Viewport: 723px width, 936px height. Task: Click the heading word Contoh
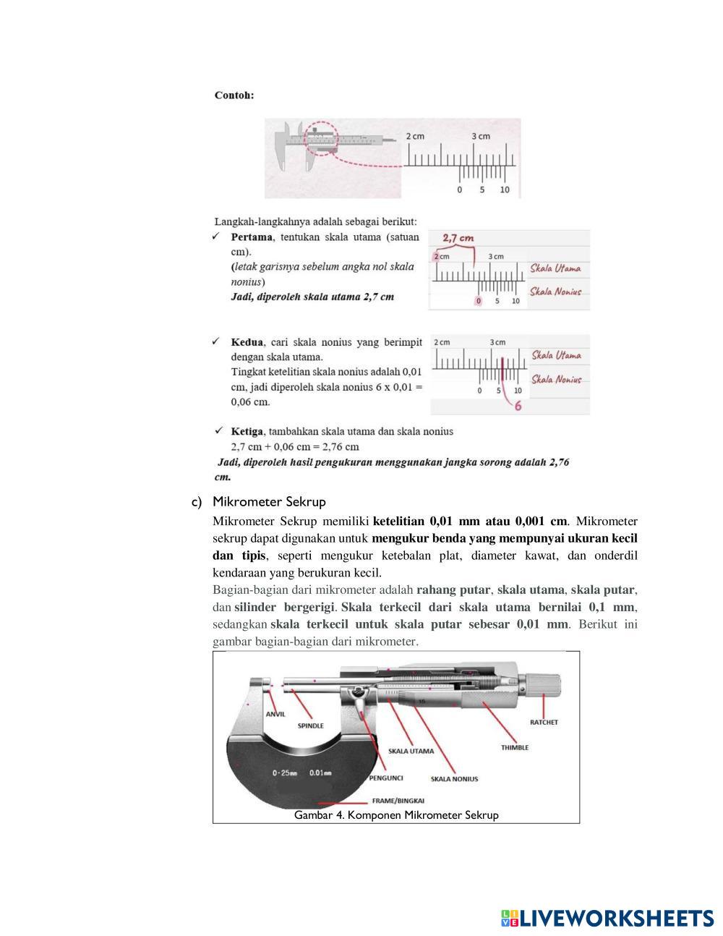[x=234, y=95]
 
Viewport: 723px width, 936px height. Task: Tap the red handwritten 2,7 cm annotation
[x=458, y=238]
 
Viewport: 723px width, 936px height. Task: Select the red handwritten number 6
[x=518, y=406]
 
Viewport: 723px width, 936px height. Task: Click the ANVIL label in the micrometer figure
[x=275, y=714]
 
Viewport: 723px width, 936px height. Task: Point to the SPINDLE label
[x=311, y=726]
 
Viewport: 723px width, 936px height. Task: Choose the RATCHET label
[x=544, y=722]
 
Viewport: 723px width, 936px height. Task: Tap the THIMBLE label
[x=515, y=747]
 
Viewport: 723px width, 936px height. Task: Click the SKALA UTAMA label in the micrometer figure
[x=411, y=751]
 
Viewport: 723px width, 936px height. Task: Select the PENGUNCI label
[x=386, y=778]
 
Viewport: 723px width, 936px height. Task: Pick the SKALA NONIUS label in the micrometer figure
[x=454, y=779]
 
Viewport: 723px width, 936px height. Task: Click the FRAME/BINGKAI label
[x=398, y=801]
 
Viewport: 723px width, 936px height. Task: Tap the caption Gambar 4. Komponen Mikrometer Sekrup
[x=396, y=815]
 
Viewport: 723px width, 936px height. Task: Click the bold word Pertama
[x=252, y=237]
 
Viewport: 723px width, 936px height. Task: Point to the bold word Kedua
[x=247, y=342]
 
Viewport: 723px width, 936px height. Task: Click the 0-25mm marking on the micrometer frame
[x=285, y=773]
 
